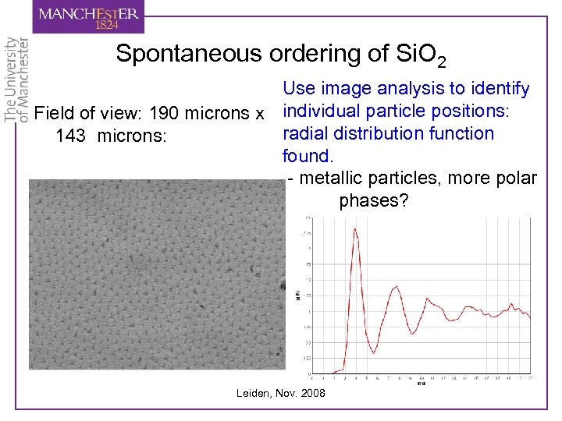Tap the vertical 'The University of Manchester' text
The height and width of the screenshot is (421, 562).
point(17,78)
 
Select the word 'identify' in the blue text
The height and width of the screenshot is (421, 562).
point(499,90)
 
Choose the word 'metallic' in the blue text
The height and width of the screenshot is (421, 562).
point(331,179)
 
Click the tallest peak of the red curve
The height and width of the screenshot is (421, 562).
point(355,228)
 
